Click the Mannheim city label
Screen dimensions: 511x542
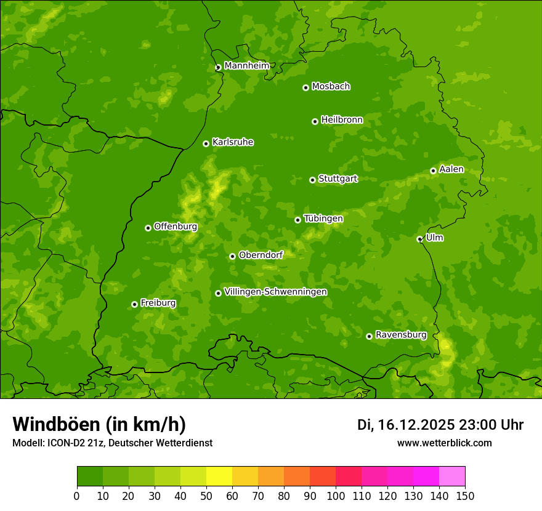[x=246, y=66]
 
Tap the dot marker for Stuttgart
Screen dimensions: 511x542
[x=312, y=180]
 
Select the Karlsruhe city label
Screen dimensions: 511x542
[x=233, y=142]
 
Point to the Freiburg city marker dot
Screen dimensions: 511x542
[x=134, y=304]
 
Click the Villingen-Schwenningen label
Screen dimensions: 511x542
[x=275, y=292]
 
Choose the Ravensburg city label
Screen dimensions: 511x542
[x=401, y=335]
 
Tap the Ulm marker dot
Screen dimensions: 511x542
[x=419, y=239]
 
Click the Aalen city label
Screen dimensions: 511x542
[x=451, y=169]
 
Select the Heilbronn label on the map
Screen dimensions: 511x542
[x=342, y=120]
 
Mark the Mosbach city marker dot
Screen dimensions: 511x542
[x=305, y=87]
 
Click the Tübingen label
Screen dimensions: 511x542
[x=323, y=219]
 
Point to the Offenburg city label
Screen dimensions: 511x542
[x=176, y=227]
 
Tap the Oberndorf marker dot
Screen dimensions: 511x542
[x=232, y=256]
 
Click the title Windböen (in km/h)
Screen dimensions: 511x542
[x=99, y=424]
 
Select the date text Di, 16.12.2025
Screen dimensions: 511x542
[x=406, y=425]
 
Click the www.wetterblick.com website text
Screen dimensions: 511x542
[x=444, y=443]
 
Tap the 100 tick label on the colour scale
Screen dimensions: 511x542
[x=336, y=496]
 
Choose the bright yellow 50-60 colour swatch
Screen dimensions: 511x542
[x=219, y=476]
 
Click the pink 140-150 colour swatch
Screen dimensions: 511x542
[x=452, y=476]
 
